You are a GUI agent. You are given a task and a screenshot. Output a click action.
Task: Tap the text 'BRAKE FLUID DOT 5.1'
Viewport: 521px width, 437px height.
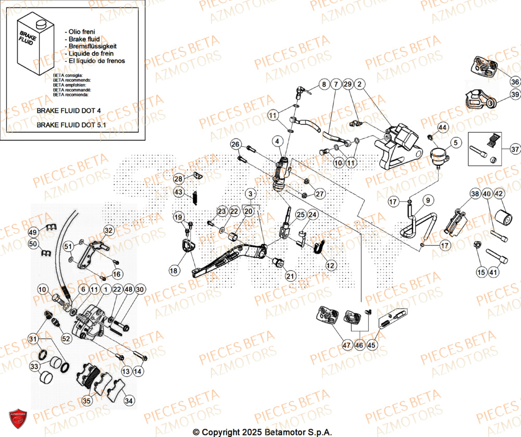[x=76, y=125]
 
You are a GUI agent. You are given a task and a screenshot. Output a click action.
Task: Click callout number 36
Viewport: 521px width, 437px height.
[x=514, y=82]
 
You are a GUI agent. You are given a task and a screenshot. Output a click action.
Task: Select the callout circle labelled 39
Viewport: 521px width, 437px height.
[x=514, y=94]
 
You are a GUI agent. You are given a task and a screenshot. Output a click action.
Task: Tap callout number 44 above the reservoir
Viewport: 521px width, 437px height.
[x=442, y=128]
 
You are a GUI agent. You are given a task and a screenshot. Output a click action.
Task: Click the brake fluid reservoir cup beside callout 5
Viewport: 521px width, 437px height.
[x=439, y=157]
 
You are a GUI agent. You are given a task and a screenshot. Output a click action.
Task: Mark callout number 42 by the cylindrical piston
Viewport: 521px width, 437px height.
[x=499, y=194]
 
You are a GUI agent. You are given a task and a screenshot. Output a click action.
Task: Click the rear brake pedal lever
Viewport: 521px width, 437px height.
[x=229, y=258]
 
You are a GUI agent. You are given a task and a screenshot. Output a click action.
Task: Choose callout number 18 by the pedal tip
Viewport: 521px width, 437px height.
[x=173, y=270]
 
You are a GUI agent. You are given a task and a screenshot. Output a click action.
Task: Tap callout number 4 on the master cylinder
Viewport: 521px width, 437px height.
[x=277, y=141]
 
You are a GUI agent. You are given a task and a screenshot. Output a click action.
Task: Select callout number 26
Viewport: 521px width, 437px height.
[x=235, y=144]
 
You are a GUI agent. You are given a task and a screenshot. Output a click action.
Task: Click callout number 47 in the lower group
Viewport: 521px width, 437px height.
[x=332, y=345]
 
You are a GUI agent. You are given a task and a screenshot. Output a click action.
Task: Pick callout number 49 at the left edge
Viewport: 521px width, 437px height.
[x=33, y=232]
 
